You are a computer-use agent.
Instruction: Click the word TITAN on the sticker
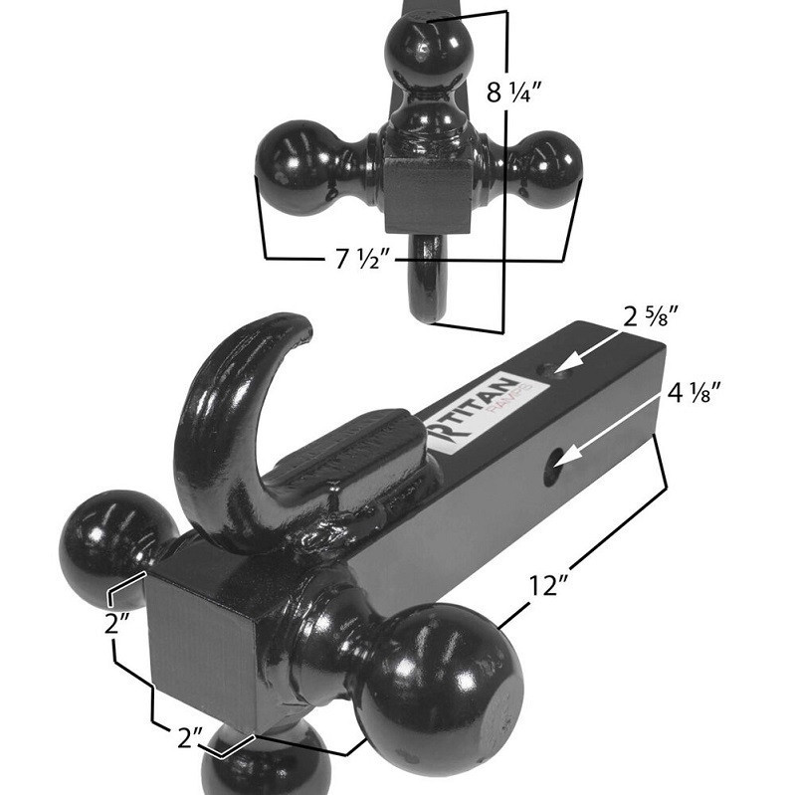pyautogui.click(x=473, y=411)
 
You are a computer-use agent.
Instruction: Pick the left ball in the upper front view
pyautogui.click(x=298, y=167)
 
